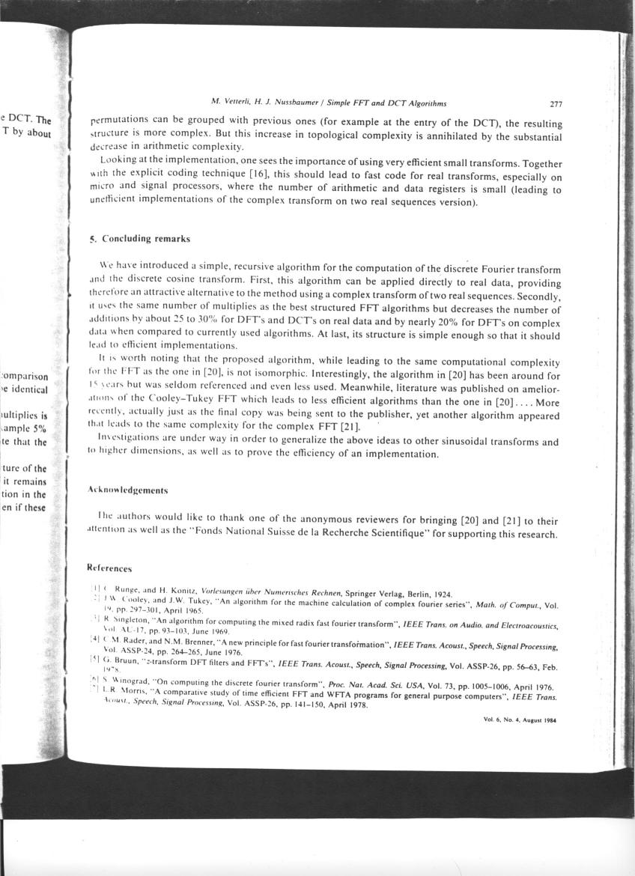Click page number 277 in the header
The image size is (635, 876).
pos(555,104)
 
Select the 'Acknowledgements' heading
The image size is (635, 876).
pos(127,490)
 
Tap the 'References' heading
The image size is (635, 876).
pos(110,569)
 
